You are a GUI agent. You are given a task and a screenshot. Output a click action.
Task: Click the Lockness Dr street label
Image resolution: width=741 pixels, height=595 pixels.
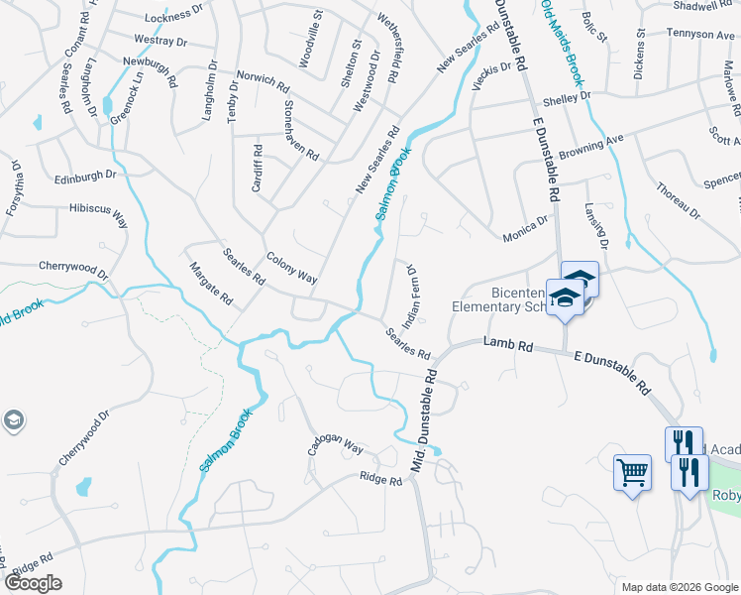pyautogui.click(x=173, y=18)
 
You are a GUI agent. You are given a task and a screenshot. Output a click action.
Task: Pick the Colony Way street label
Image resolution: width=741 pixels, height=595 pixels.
pyautogui.click(x=291, y=268)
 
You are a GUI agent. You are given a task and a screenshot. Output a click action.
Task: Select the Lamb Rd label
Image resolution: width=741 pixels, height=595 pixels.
pyautogui.click(x=508, y=344)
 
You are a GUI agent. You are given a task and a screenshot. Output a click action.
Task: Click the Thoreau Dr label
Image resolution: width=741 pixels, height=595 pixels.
pyautogui.click(x=678, y=200)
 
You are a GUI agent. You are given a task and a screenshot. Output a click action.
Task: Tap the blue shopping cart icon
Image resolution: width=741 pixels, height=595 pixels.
pyautogui.click(x=632, y=472)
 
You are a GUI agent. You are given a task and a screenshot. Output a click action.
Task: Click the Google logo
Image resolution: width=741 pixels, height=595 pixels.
pyautogui.click(x=33, y=583)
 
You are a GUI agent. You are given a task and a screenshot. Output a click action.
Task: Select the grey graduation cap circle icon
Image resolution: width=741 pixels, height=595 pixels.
pyautogui.click(x=14, y=421)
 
